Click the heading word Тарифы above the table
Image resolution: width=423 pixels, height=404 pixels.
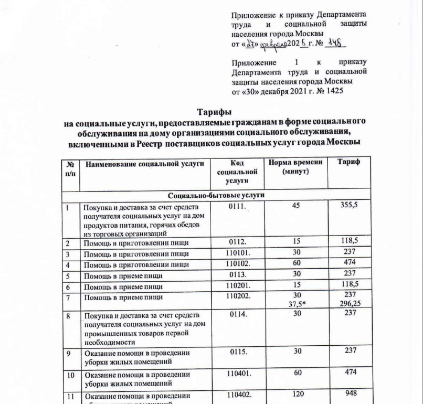coord(214,112)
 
